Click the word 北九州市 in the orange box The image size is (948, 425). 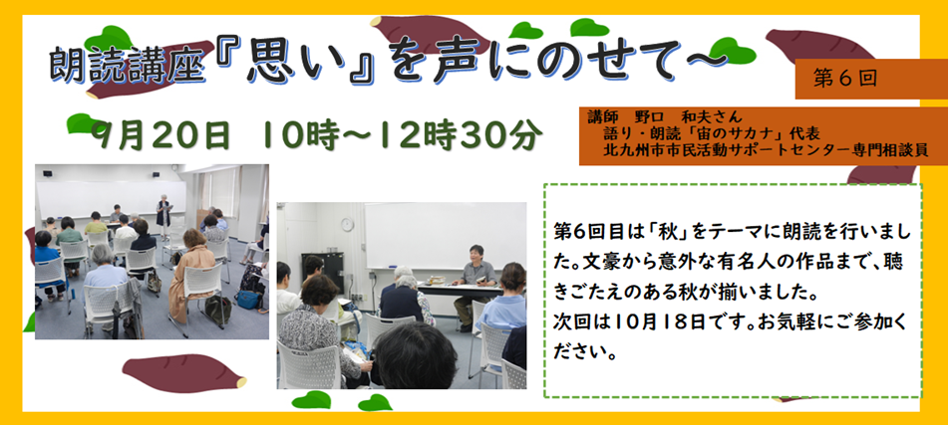tap(630, 150)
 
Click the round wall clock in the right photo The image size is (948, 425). tap(347, 224)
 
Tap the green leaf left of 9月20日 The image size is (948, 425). tap(84, 123)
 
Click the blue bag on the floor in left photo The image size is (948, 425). tap(248, 299)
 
